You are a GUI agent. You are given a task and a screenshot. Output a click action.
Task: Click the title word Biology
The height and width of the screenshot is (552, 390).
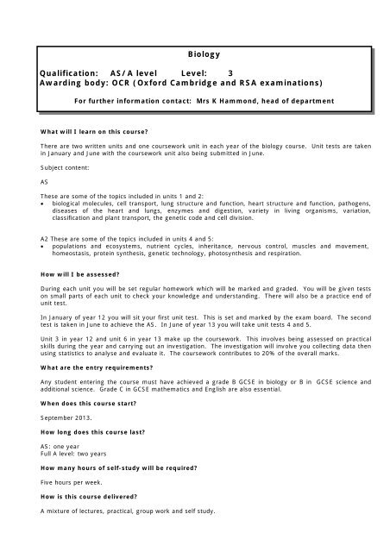[x=206, y=53]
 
